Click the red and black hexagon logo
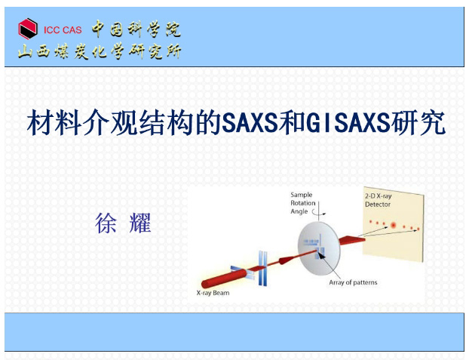click(28, 29)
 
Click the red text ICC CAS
click(63, 30)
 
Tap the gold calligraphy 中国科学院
click(136, 29)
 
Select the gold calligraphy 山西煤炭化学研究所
click(100, 51)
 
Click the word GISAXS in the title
click(348, 123)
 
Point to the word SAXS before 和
click(250, 123)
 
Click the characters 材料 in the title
click(54, 123)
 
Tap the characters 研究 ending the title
click(418, 123)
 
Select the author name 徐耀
click(123, 223)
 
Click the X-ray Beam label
click(213, 293)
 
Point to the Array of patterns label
click(353, 282)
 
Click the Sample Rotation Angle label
click(302, 203)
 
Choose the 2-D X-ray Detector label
click(378, 200)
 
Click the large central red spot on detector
click(393, 225)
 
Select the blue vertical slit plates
click(262, 269)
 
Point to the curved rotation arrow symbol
click(319, 212)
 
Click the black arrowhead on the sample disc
click(321, 255)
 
